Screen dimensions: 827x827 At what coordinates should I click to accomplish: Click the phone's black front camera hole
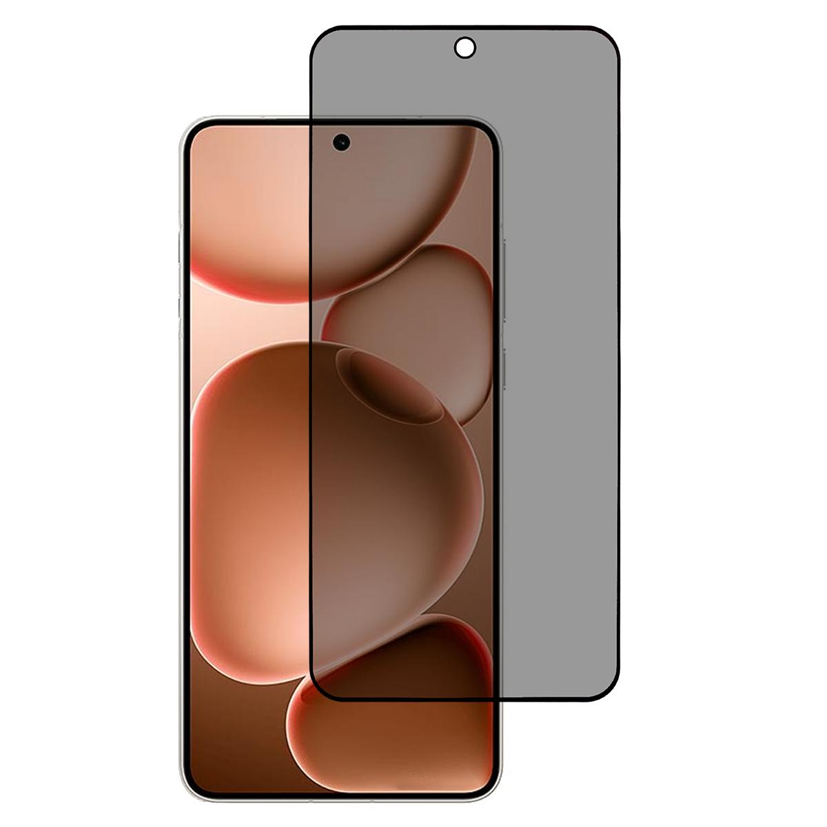341,143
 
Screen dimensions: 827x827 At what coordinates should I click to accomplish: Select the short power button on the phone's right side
504,369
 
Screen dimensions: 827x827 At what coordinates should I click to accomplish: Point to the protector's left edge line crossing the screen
312,413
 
